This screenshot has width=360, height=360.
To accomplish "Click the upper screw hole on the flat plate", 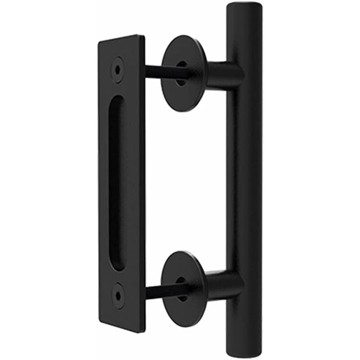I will (x=118, y=69).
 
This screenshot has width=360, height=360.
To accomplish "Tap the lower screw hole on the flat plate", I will (x=118, y=295).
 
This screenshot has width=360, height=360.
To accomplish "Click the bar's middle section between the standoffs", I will (x=243, y=180).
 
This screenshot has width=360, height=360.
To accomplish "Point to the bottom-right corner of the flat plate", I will (x=144, y=331).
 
